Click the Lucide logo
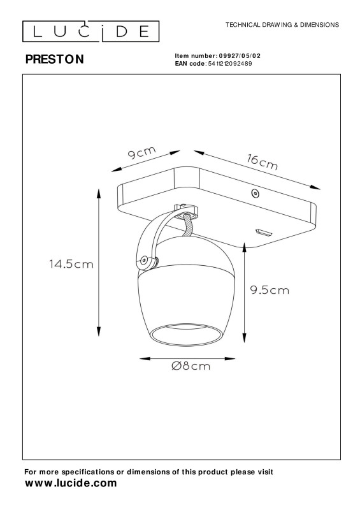click(90, 31)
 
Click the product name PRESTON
click(55, 59)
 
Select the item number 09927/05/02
click(240, 56)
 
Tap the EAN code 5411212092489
click(229, 63)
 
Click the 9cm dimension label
click(142, 152)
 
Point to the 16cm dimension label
click(262, 163)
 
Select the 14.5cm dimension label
click(71, 264)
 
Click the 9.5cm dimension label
click(270, 290)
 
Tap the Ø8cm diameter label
click(191, 366)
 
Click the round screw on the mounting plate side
click(256, 194)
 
